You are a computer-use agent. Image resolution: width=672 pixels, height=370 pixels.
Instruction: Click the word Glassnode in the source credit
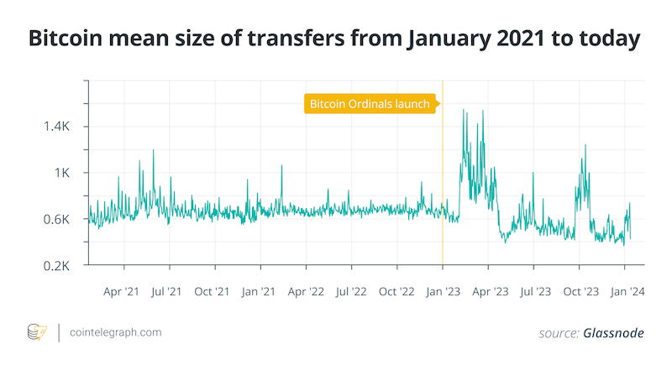[x=613, y=333]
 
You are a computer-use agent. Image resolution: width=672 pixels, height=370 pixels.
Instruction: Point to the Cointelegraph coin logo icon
[x=38, y=332]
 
